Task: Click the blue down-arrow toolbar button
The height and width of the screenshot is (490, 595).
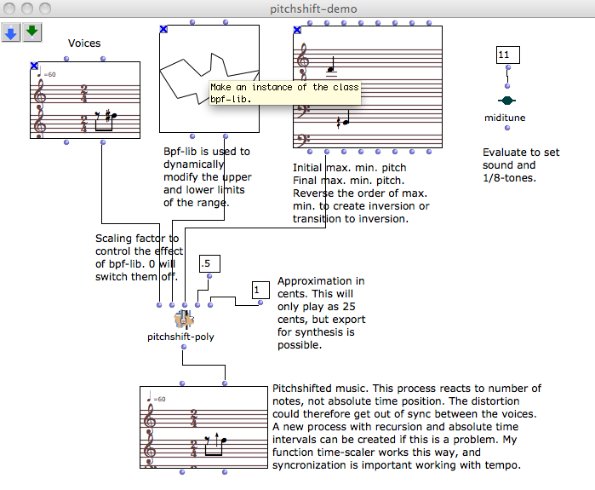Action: coord(11,32)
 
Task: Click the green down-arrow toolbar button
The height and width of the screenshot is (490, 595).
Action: coord(31,32)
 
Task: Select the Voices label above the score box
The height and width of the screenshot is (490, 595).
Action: coord(84,43)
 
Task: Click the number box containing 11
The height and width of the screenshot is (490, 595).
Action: coord(506,55)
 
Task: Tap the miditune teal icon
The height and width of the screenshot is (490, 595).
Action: coord(506,101)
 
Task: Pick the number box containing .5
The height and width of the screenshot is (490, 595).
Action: coord(209,263)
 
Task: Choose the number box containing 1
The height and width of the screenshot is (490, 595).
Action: coord(260,291)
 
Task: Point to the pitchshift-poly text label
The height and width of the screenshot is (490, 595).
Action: coord(180,337)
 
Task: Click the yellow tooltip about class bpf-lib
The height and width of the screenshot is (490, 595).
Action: coord(284,93)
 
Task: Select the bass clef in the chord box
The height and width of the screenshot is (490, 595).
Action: coord(303,112)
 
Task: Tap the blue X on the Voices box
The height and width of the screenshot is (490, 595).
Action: coord(34,66)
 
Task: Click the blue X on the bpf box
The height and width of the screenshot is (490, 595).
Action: coord(164,29)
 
